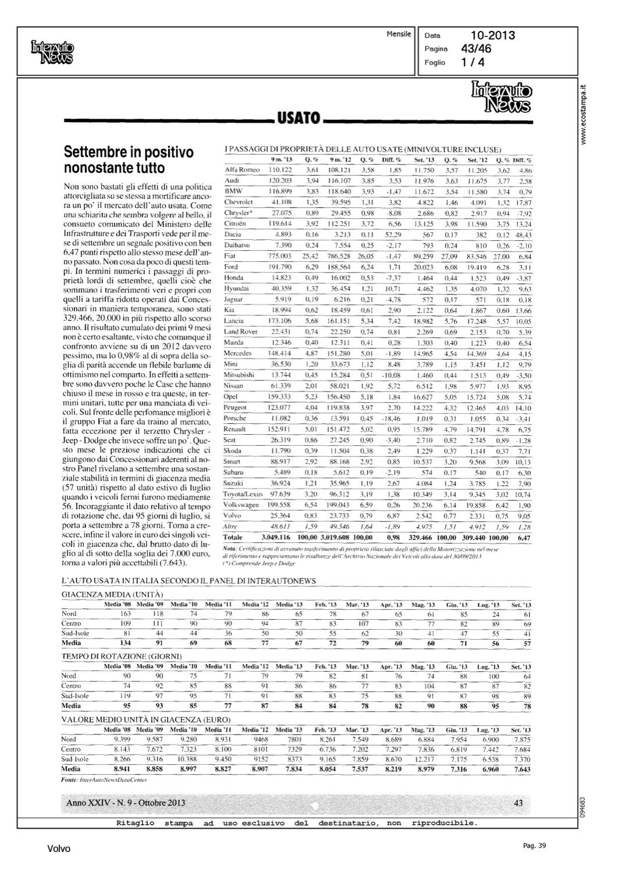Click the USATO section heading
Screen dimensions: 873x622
[x=299, y=119]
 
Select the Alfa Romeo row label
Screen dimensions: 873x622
[x=241, y=170]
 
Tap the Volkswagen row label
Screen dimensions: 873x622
[x=241, y=505]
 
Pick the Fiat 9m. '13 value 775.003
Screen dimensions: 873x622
[x=280, y=255]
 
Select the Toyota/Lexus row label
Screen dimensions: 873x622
[x=243, y=494]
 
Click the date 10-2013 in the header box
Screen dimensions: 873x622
[x=493, y=36]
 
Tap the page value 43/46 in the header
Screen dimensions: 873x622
[x=477, y=49]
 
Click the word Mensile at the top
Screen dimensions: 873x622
[x=399, y=34]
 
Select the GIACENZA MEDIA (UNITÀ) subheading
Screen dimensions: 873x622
[x=112, y=594]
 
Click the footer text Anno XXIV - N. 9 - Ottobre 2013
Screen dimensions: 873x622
[x=126, y=803]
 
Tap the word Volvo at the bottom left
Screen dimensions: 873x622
[x=59, y=849]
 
